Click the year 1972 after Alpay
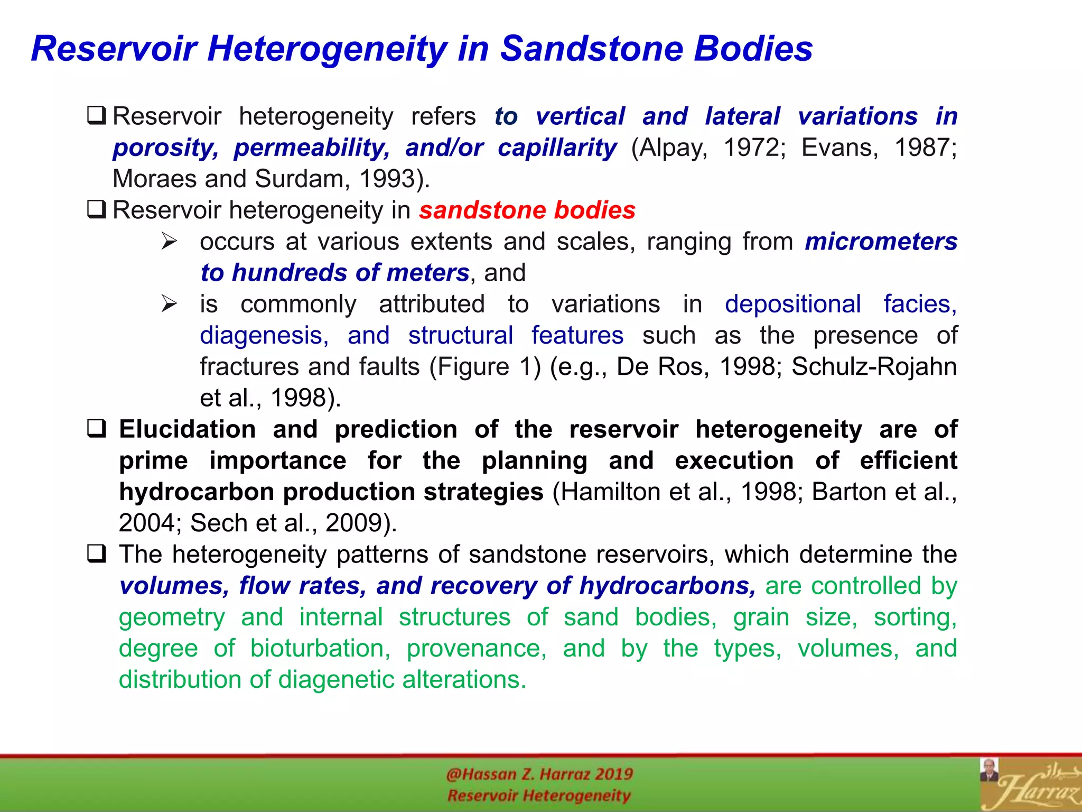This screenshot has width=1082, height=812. coord(753,147)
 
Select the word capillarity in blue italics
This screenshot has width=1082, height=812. coord(557,148)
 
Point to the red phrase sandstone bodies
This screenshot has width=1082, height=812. coord(527,210)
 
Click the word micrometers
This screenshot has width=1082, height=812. coord(881,242)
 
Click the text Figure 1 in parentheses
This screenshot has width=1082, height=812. coord(485,367)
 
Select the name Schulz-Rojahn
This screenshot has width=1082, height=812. coord(874,367)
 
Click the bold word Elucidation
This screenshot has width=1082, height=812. coord(188,429)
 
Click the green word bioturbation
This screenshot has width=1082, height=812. coord(320,649)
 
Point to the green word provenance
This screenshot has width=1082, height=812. coord(476,649)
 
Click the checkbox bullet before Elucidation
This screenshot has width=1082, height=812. coord(97,428)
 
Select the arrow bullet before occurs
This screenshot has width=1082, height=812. coord(169,242)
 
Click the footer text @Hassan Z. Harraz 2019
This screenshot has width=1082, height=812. coord(539,774)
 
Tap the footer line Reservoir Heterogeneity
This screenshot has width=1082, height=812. coord(539,796)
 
